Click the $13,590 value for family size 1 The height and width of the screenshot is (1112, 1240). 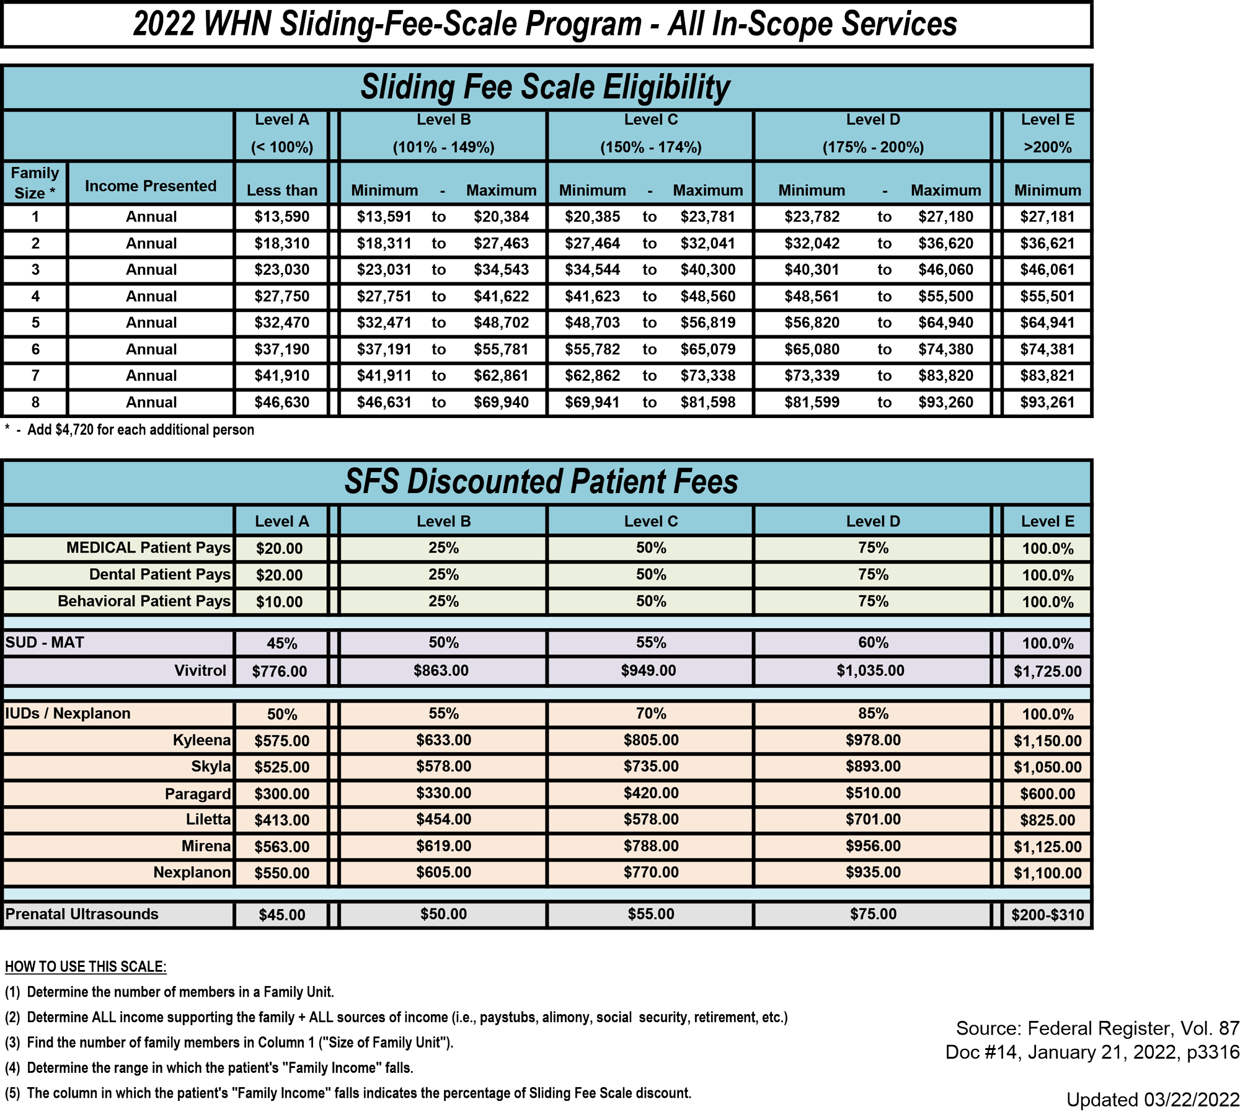click(281, 216)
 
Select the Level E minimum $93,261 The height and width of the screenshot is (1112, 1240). click(1047, 402)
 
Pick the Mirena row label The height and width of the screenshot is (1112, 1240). click(206, 846)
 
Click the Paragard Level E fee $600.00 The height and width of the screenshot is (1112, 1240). click(1047, 793)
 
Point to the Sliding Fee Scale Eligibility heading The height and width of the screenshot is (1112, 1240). click(545, 87)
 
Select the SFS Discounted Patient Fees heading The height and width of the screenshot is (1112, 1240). click(541, 481)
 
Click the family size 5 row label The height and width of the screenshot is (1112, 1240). click(35, 322)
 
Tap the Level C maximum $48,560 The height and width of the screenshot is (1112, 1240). click(707, 296)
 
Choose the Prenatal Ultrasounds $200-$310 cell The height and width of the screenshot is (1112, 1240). click(1047, 914)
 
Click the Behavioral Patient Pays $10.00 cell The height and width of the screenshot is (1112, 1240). click(279, 602)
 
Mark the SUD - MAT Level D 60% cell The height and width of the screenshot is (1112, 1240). click(872, 643)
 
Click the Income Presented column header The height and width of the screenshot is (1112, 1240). click(151, 186)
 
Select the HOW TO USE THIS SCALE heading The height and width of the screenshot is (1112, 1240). click(86, 966)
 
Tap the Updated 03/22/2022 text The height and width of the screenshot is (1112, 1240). click(1152, 1099)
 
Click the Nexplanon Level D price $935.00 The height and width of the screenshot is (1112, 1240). click(872, 872)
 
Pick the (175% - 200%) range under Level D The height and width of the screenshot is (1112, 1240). click(872, 147)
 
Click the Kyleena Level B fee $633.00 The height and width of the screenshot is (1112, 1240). click(443, 740)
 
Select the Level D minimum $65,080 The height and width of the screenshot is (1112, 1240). click(811, 349)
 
